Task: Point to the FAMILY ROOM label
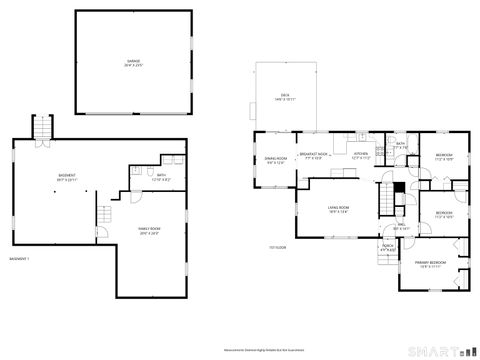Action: pos(149,232)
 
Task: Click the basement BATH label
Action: pos(161,178)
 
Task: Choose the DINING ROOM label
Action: pos(276,160)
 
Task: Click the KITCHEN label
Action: pos(361,156)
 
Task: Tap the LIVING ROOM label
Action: pos(336,210)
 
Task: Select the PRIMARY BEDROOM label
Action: pos(431,265)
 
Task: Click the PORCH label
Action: pos(387,247)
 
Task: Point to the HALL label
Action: pos(401,226)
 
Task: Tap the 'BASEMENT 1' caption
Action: pos(19,259)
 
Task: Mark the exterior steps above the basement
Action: pos(42,128)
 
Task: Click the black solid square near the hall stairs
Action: pos(398,186)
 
